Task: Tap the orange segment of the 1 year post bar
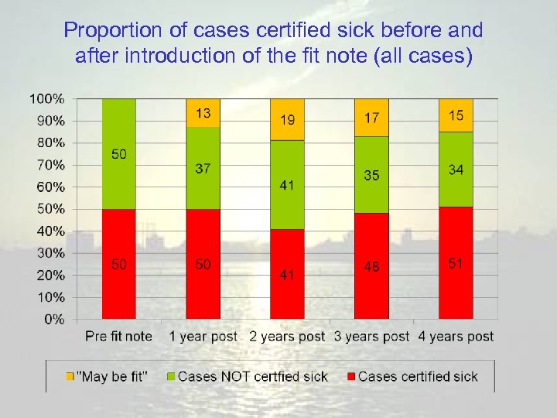pyautogui.click(x=203, y=113)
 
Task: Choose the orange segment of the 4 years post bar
pyautogui.click(x=456, y=115)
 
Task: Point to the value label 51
pyautogui.click(x=456, y=264)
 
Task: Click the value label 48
pyautogui.click(x=371, y=266)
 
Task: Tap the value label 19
pyautogui.click(x=287, y=120)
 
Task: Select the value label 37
pyautogui.click(x=203, y=169)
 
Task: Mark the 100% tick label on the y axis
pyautogui.click(x=48, y=99)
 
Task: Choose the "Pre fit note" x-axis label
pyautogui.click(x=118, y=337)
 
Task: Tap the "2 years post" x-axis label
pyautogui.click(x=287, y=337)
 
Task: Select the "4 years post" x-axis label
pyautogui.click(x=456, y=337)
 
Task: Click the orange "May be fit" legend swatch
pyautogui.click(x=70, y=377)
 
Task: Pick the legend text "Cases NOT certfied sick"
pyautogui.click(x=253, y=377)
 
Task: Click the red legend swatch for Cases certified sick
pyautogui.click(x=350, y=377)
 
